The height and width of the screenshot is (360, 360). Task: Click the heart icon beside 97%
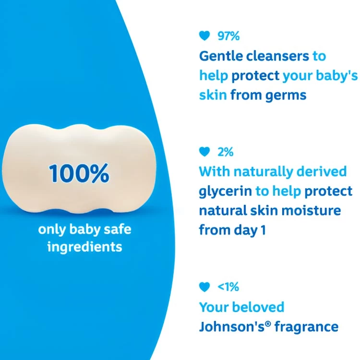pos(204,36)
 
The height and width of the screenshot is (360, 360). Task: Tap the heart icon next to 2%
pos(204,152)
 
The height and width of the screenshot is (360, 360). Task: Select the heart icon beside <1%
pos(204,287)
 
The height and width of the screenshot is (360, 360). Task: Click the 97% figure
pos(228,36)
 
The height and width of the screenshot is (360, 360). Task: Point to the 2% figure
pos(226,152)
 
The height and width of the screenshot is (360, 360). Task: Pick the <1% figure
pos(228,287)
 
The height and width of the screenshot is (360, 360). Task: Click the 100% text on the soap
pos(79,173)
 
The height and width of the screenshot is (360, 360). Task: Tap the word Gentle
pos(221,56)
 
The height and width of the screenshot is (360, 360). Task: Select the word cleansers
pos(277,56)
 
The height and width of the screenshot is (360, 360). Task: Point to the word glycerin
pos(225,192)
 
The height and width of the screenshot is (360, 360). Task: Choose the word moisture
pos(311,211)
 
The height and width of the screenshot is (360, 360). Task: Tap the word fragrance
pos(307,327)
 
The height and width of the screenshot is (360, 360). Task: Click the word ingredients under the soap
pos(84,247)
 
